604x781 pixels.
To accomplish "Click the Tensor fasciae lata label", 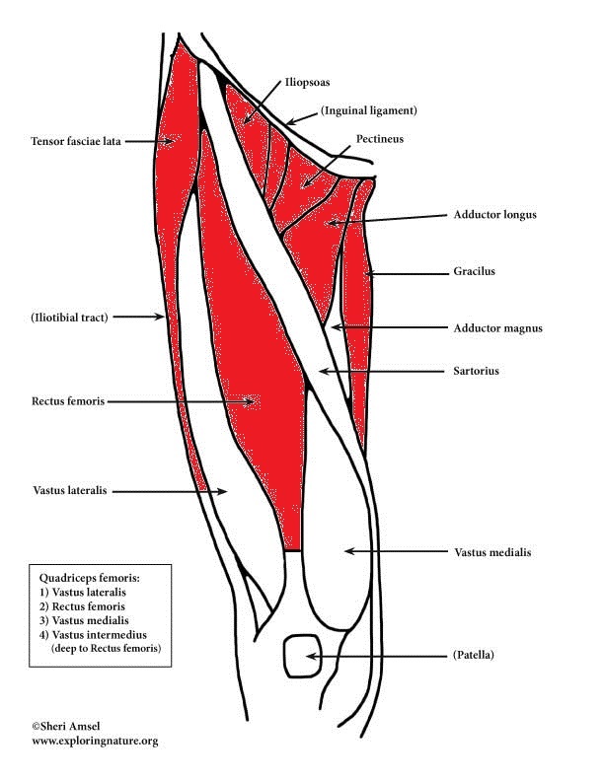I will pyautogui.click(x=76, y=142).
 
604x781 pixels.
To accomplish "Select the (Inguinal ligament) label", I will pyautogui.click(x=367, y=110).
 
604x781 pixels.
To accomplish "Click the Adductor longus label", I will pyautogui.click(x=495, y=214).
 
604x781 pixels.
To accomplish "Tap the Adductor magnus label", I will pyautogui.click(x=498, y=328).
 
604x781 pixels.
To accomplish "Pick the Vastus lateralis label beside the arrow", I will pyautogui.click(x=68, y=489).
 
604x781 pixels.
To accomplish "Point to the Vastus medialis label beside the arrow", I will pyautogui.click(x=492, y=552).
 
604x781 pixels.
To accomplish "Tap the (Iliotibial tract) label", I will pyautogui.click(x=69, y=317).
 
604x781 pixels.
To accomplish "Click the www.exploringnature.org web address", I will pyautogui.click(x=95, y=741).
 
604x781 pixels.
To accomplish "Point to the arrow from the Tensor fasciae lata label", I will pyautogui.click(x=148, y=142).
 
